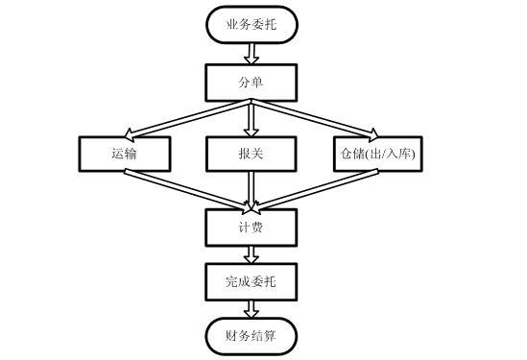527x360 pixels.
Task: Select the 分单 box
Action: coord(251,82)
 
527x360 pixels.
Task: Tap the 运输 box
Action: coord(125,154)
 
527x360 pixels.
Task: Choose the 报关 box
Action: coord(251,154)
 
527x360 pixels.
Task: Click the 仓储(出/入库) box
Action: coord(377,154)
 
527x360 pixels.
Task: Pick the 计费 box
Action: coord(251,227)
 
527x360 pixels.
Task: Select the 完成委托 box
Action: coord(251,281)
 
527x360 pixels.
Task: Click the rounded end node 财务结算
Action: coord(251,336)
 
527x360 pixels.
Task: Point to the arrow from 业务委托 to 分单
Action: coord(251,53)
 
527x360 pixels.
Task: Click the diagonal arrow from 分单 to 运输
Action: coord(188,118)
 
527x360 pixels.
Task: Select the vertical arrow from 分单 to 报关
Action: coord(251,117)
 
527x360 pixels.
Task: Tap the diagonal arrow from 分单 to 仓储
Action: coord(314,118)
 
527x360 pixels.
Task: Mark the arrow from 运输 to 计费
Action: coord(188,190)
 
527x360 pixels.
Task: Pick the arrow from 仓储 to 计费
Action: coord(314,190)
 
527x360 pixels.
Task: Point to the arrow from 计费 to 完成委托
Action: coord(251,253)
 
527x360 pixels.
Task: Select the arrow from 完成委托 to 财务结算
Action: coord(251,308)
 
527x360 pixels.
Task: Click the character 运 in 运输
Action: coord(118,154)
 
